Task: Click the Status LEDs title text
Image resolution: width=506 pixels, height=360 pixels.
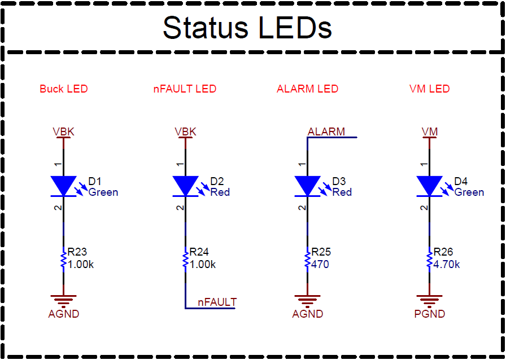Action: click(x=247, y=27)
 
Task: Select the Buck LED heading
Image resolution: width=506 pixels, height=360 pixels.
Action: click(x=64, y=89)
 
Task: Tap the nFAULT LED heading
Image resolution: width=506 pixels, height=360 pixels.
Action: click(x=185, y=89)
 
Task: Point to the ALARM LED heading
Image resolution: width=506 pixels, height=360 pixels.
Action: click(x=307, y=89)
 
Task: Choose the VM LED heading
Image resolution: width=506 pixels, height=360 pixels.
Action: click(x=429, y=89)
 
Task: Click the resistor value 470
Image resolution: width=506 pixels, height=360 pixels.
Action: click(x=320, y=264)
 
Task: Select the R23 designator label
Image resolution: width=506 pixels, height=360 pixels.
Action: click(x=77, y=252)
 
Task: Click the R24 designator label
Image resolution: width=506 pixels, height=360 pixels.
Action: click(x=199, y=252)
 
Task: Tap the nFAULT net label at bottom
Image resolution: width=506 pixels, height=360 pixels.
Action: click(x=217, y=302)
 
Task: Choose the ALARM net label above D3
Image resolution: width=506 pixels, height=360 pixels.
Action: click(x=326, y=131)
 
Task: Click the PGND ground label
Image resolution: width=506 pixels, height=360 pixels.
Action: click(x=429, y=314)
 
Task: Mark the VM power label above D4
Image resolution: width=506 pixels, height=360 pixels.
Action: click(x=429, y=131)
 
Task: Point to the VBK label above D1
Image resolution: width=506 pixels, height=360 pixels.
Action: click(x=63, y=131)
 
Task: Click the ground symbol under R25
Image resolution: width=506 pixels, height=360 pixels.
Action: click(x=307, y=301)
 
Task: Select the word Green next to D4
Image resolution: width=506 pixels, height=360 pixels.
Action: click(x=469, y=192)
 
